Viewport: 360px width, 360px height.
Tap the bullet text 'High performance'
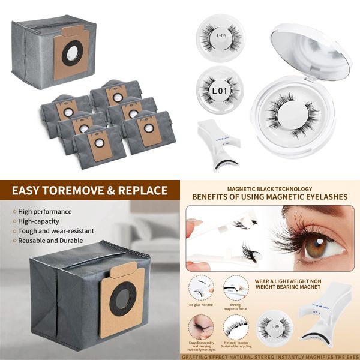pos(45,212)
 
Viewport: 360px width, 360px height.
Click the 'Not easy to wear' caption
pos(237,343)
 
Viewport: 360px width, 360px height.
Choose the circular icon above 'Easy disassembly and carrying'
pos(202,327)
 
